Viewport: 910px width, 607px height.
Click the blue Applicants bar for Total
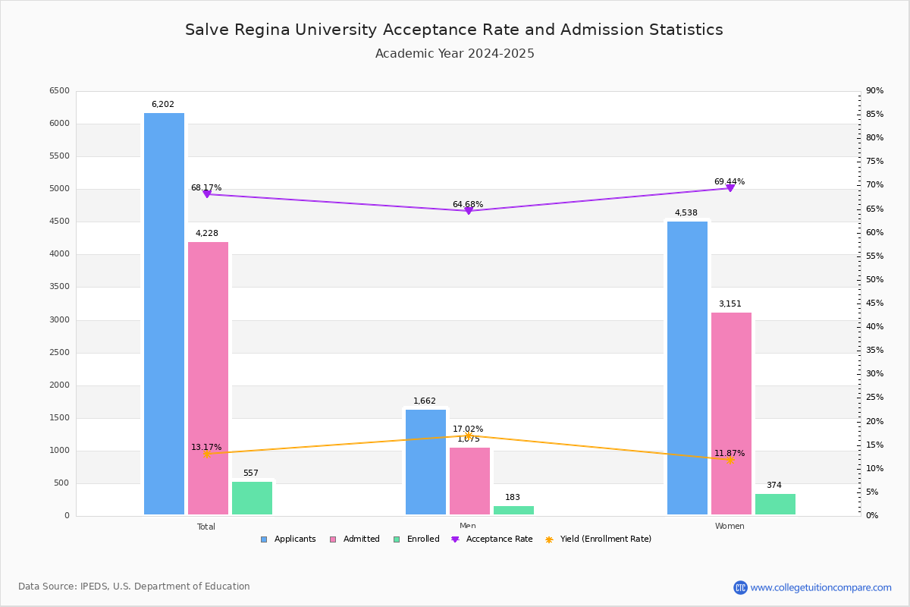[x=164, y=314]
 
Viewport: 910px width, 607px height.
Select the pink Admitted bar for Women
[x=731, y=414]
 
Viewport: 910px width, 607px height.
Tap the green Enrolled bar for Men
[x=513, y=510]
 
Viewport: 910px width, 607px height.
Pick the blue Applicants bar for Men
[x=425, y=462]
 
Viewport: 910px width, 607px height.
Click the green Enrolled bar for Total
[x=252, y=498]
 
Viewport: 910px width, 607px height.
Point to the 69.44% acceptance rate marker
[x=730, y=187]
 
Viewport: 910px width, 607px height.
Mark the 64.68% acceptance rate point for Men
[x=468, y=210]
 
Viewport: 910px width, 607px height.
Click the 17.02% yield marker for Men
[x=468, y=436]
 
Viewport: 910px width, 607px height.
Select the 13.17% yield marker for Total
[x=206, y=454]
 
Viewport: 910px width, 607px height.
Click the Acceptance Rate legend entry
[x=492, y=539]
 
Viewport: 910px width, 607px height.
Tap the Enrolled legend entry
[x=416, y=539]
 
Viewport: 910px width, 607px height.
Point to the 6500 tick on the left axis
[x=59, y=91]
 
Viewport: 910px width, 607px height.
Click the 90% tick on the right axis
[x=874, y=91]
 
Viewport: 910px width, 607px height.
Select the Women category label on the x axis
[x=730, y=527]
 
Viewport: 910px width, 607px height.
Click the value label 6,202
[x=163, y=105]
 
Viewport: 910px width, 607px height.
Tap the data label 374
[x=773, y=486]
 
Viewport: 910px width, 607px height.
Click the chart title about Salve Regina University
[x=454, y=30]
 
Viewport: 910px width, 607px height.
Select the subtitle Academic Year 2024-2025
[x=454, y=54]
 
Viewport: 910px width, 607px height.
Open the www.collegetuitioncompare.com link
[x=821, y=587]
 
